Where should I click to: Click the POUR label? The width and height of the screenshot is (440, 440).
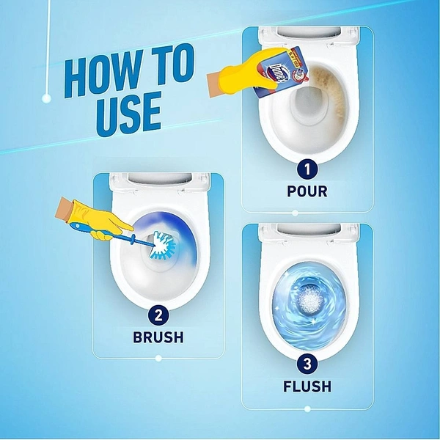tap(307, 191)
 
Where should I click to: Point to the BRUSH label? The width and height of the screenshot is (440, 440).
tap(158, 338)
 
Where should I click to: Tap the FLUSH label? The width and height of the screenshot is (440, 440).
tap(307, 386)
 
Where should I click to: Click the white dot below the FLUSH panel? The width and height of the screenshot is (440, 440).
tap(307, 408)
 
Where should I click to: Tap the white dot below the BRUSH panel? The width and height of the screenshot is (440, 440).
tap(158, 359)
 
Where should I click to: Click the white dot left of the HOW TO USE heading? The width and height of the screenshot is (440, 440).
tap(46, 98)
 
